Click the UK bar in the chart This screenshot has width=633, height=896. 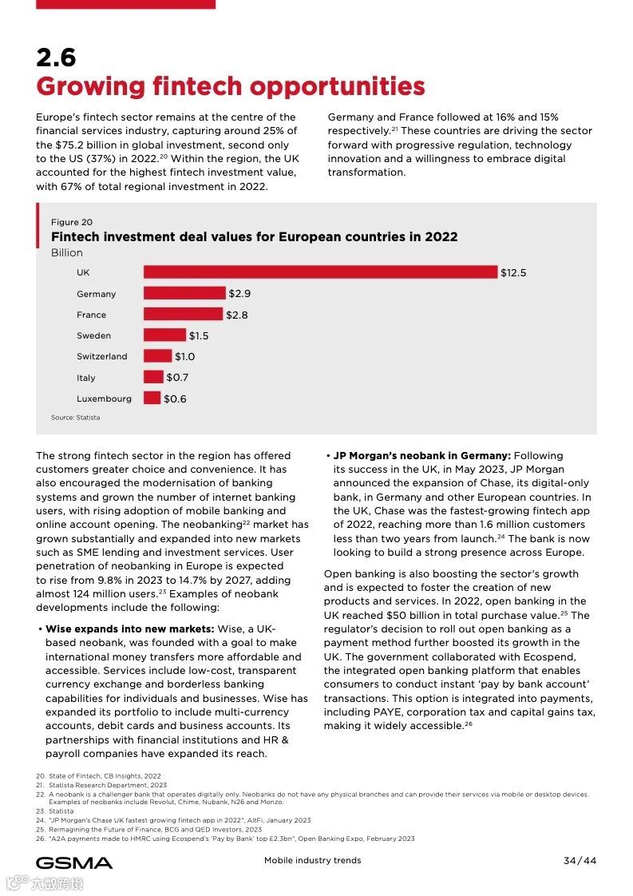click(320, 272)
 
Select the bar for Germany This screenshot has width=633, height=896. click(184, 294)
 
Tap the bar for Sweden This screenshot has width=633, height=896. click(164, 335)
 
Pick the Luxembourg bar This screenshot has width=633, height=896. click(152, 398)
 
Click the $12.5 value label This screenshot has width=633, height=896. click(513, 272)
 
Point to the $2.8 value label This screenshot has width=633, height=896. click(236, 315)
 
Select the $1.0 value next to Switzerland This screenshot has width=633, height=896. click(184, 356)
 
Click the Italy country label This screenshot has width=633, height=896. click(86, 378)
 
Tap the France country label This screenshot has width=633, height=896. click(91, 315)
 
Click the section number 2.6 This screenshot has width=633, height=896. click(56, 57)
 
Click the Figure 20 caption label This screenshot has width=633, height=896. click(72, 222)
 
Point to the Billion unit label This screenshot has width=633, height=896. click(67, 252)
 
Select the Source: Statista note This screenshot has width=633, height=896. click(76, 418)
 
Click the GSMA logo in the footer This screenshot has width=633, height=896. click(74, 862)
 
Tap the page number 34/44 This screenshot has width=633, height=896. click(580, 860)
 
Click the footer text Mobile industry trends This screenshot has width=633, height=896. click(312, 860)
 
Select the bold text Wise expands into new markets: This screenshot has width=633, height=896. click(129, 628)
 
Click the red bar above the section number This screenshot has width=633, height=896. click(125, 4)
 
